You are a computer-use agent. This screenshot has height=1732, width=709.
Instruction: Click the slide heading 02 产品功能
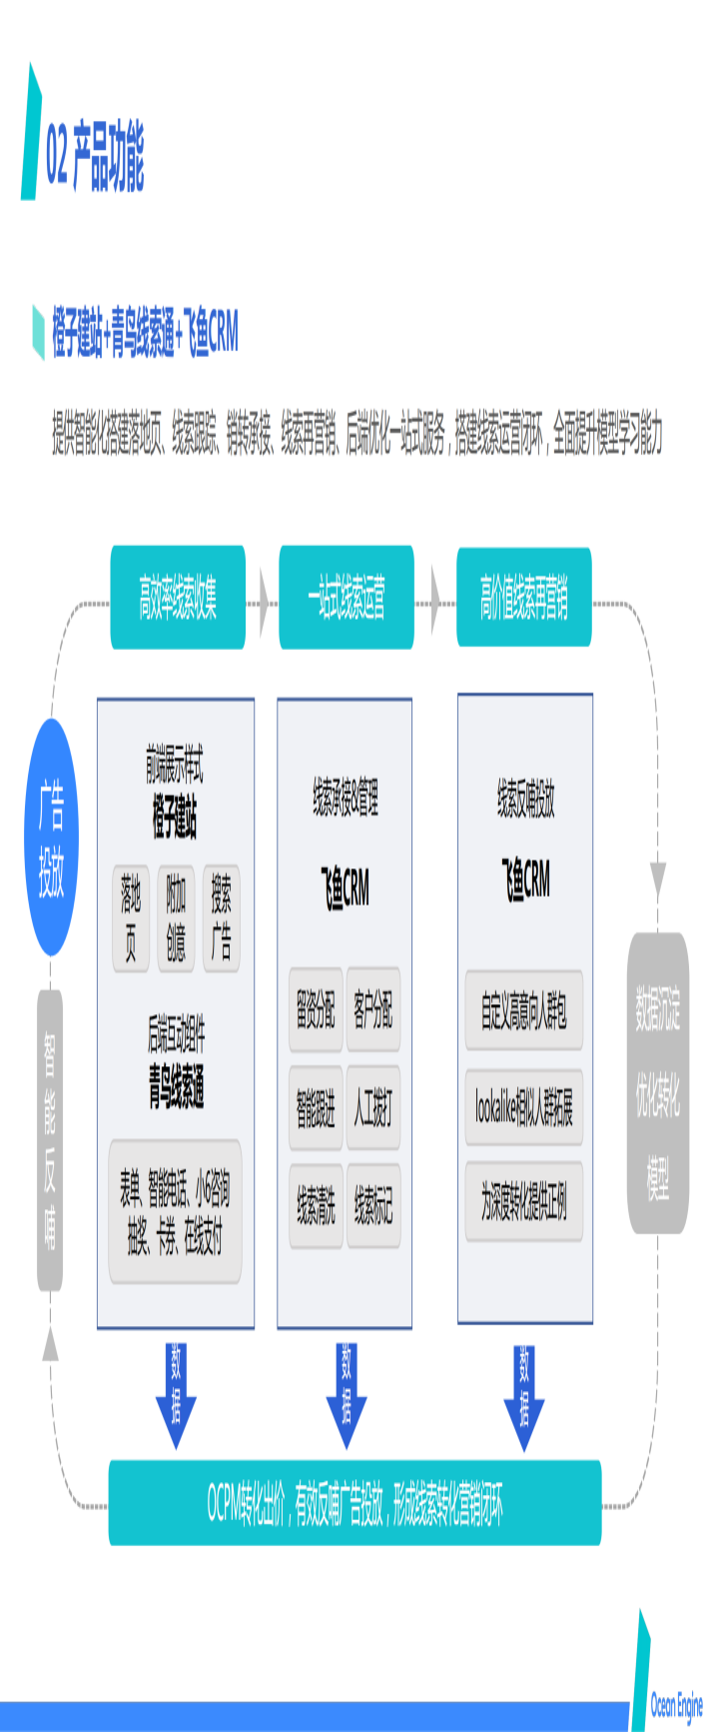click(x=95, y=157)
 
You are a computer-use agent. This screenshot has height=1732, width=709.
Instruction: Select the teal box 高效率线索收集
click(x=178, y=598)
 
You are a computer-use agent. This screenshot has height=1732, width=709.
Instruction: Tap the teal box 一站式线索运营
click(x=346, y=598)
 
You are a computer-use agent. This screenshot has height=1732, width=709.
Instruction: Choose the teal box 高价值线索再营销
click(x=523, y=598)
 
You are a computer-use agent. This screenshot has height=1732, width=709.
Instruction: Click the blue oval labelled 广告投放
click(x=51, y=838)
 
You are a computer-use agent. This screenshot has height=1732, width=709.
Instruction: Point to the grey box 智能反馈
click(x=50, y=1139)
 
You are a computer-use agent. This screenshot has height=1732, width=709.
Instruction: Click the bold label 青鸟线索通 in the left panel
click(x=177, y=1086)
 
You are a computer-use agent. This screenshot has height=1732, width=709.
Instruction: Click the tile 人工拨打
click(x=373, y=1107)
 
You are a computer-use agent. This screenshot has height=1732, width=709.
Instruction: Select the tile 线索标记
click(x=373, y=1205)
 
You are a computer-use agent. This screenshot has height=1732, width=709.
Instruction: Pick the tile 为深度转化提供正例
click(x=524, y=1202)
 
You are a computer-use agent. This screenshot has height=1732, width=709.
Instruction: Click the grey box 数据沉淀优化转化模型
click(x=658, y=1082)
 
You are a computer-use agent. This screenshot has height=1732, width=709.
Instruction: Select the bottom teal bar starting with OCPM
click(x=354, y=1502)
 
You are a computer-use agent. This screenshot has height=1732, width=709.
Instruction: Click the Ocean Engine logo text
click(x=676, y=1704)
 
